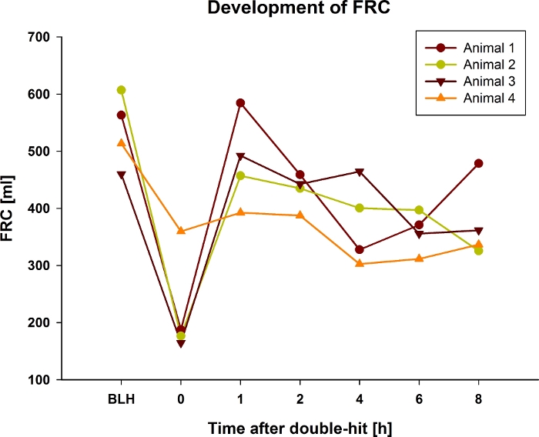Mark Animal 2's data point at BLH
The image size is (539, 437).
121,90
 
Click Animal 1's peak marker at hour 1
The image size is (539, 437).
240,102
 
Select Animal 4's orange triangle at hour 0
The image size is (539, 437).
181,231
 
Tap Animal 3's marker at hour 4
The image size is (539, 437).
360,172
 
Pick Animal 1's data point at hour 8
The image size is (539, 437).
479,163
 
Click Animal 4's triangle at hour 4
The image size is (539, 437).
360,263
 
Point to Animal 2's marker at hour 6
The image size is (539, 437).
419,210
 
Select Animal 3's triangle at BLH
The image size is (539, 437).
121,175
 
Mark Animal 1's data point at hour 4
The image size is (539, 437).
360,249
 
